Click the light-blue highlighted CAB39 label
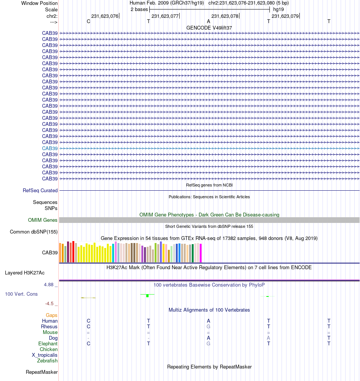pyautogui.click(x=50, y=149)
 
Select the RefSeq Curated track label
pyautogui.click(x=40, y=190)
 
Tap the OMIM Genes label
pyautogui.click(x=42, y=220)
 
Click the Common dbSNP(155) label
pyautogui.click(x=33, y=232)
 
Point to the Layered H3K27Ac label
pyautogui.click(x=25, y=273)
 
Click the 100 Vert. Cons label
pyautogui.click(x=21, y=294)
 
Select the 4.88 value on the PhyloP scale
pyautogui.click(x=49, y=285)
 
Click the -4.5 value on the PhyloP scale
pyautogui.click(x=49, y=304)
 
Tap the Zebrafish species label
pyautogui.click(x=47, y=361)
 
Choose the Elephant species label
pyautogui.click(x=48, y=343)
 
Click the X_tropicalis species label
pyautogui.click(x=45, y=355)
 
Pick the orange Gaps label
pyautogui.click(x=52, y=315)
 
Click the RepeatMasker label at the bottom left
pyautogui.click(x=42, y=372)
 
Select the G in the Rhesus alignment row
pyautogui.click(x=208, y=326)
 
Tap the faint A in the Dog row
pyautogui.click(x=268, y=338)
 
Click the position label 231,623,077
pyautogui.click(x=165, y=16)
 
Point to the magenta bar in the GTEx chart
pyautogui.click(x=200, y=253)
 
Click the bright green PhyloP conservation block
pyautogui.click(x=147, y=296)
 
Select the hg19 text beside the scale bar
pyautogui.click(x=279, y=9)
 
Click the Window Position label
pyautogui.click(x=39, y=3)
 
